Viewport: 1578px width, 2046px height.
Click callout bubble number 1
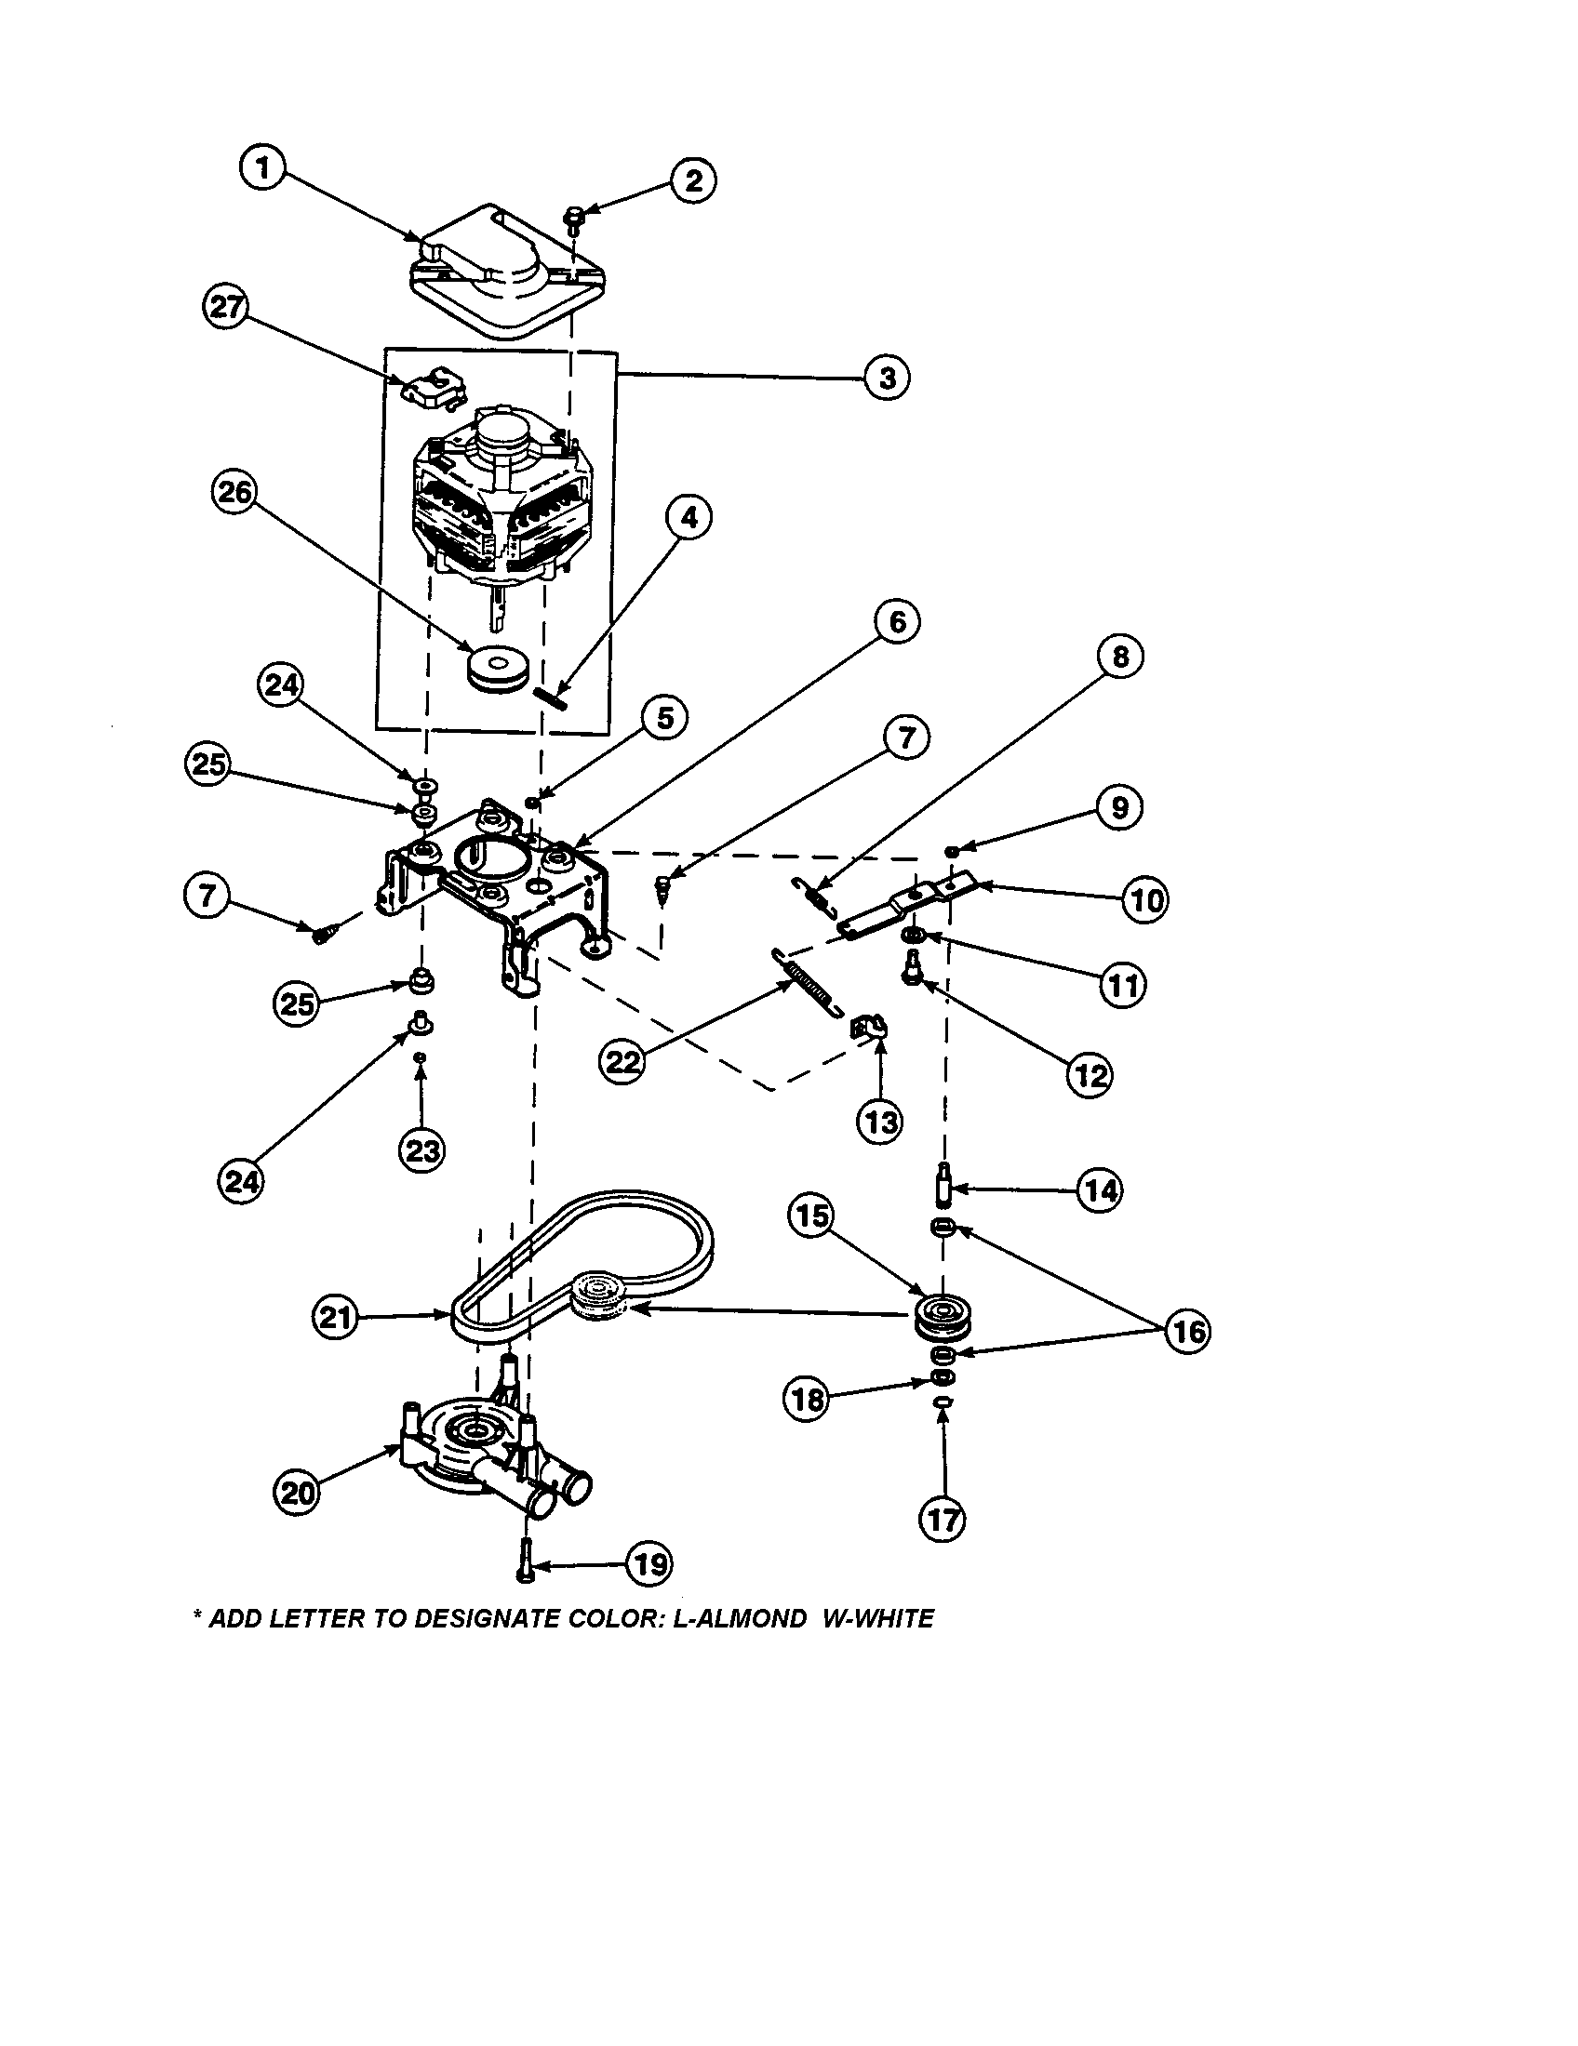click(263, 168)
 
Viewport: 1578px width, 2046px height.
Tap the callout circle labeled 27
click(226, 307)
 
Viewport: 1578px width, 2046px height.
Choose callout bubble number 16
click(1188, 1331)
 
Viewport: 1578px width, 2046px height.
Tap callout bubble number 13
click(880, 1121)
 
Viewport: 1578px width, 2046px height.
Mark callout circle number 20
click(296, 1491)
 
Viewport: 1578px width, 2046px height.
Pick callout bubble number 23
click(421, 1149)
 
